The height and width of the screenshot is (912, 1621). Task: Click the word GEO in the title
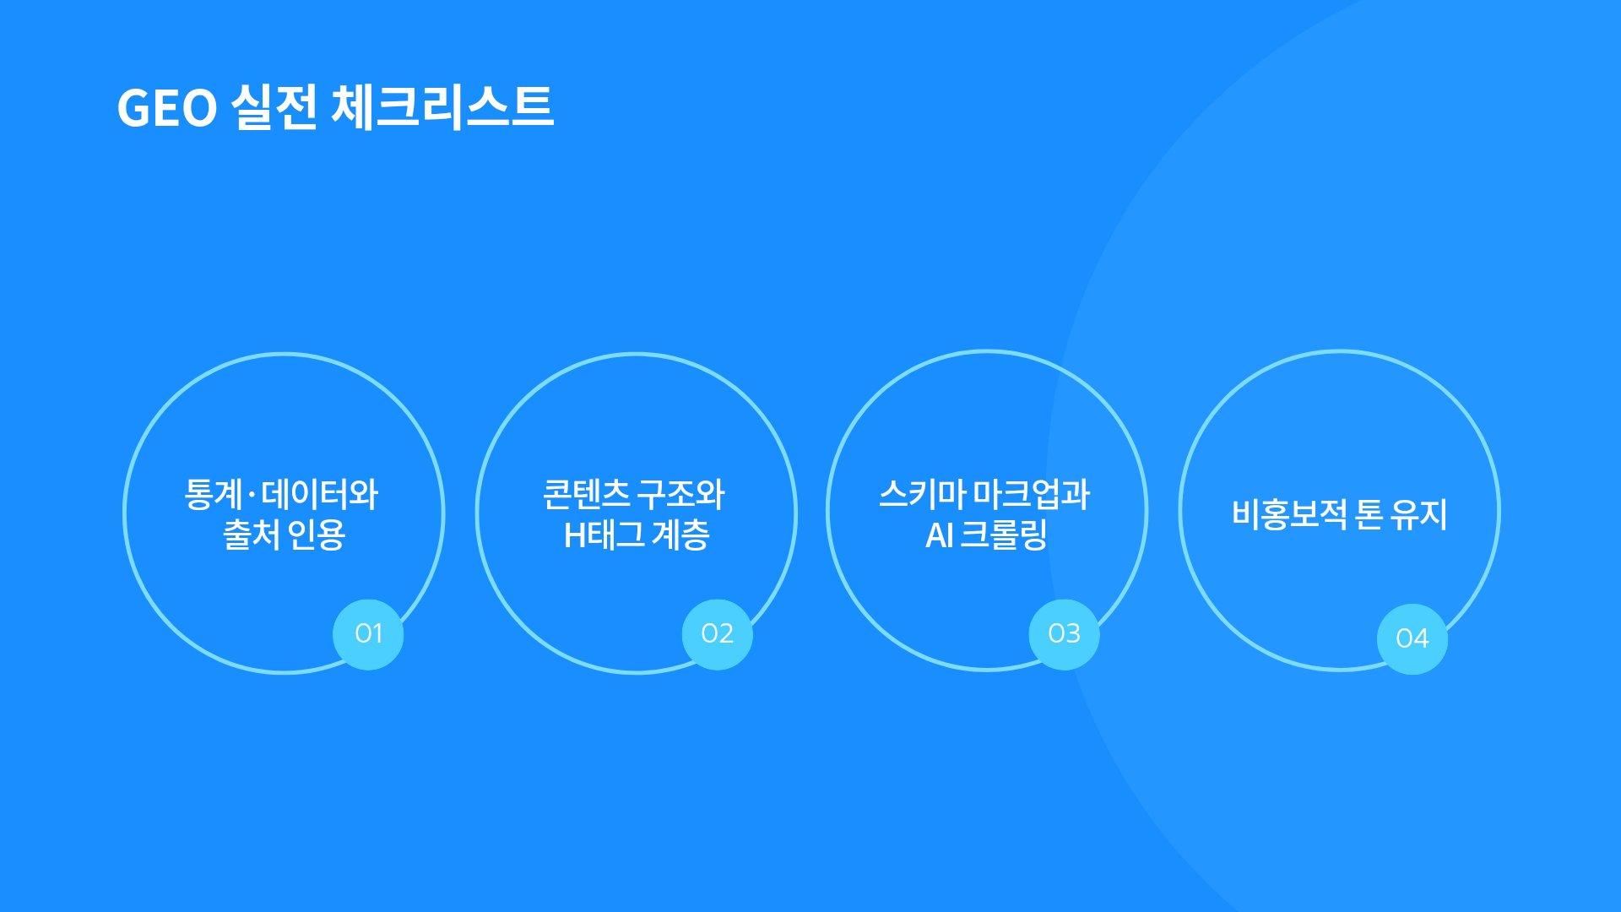(167, 109)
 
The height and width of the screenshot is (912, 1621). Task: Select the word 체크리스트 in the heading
(442, 107)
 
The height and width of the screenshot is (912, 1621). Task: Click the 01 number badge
(368, 634)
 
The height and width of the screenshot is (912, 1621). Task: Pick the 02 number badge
(718, 634)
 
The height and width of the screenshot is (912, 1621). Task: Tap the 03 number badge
(1065, 634)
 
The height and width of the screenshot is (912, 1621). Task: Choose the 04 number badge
(1412, 638)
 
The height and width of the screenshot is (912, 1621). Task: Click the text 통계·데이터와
(281, 494)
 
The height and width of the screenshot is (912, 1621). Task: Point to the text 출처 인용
(284, 535)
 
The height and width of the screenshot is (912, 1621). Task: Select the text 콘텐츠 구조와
(634, 494)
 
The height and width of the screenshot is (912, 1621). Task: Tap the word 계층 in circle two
(680, 535)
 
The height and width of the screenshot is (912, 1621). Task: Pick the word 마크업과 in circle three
(1032, 494)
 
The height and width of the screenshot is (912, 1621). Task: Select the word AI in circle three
(940, 535)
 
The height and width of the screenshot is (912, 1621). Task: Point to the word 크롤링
(1004, 535)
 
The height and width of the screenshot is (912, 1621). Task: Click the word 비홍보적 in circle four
(1290, 514)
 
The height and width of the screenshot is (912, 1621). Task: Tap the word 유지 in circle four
(1419, 514)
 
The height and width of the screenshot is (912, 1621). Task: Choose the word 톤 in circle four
(1369, 514)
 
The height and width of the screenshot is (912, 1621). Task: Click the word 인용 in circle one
(317, 535)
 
